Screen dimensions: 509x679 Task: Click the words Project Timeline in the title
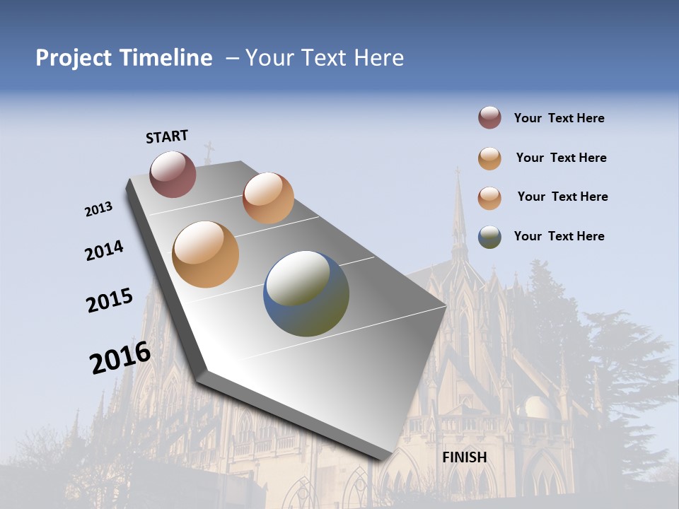124,58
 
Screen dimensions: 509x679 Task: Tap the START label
167,136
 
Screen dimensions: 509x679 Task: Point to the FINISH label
465,457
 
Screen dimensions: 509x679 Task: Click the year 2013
99,209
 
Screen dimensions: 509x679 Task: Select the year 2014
104,250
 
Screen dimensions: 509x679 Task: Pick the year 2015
110,300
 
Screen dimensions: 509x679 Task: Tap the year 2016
120,358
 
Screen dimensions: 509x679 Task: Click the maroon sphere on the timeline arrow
173,174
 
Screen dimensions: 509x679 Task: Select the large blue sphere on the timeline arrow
306,293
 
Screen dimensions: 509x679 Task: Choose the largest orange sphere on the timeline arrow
205,255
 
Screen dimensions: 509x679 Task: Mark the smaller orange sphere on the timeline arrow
268,198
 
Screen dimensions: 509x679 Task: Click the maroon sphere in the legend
489,118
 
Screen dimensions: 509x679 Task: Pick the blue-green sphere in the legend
489,237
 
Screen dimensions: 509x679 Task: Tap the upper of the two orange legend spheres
489,158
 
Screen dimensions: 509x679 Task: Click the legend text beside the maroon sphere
559,118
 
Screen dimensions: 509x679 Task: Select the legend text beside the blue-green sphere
559,236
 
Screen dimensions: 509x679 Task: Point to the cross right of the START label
209,152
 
